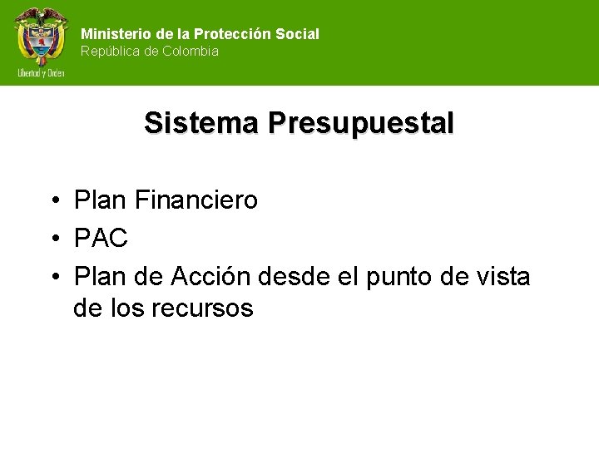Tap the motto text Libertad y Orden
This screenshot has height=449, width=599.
pyautogui.click(x=41, y=73)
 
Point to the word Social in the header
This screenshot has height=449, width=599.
pyautogui.click(x=300, y=34)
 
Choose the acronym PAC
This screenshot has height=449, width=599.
pyautogui.click(x=101, y=239)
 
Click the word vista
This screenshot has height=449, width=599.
pyautogui.click(x=502, y=276)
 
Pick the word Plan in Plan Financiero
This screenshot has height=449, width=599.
pyautogui.click(x=98, y=200)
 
